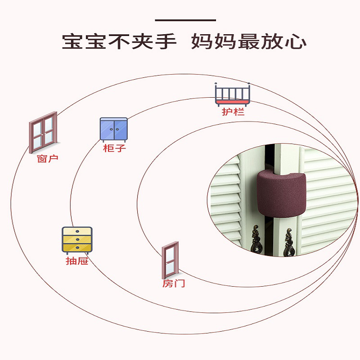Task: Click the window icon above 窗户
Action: (44, 131)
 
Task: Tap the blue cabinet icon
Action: (113, 129)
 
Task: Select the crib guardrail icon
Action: (233, 94)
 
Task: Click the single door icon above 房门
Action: (170, 260)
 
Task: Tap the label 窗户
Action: (48, 159)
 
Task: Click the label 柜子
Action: (114, 148)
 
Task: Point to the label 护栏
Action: (233, 112)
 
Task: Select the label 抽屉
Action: (77, 261)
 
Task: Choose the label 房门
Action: (174, 284)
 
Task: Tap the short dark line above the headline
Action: (185, 20)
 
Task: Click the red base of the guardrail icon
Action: (233, 103)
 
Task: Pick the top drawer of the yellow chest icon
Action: (77, 232)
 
